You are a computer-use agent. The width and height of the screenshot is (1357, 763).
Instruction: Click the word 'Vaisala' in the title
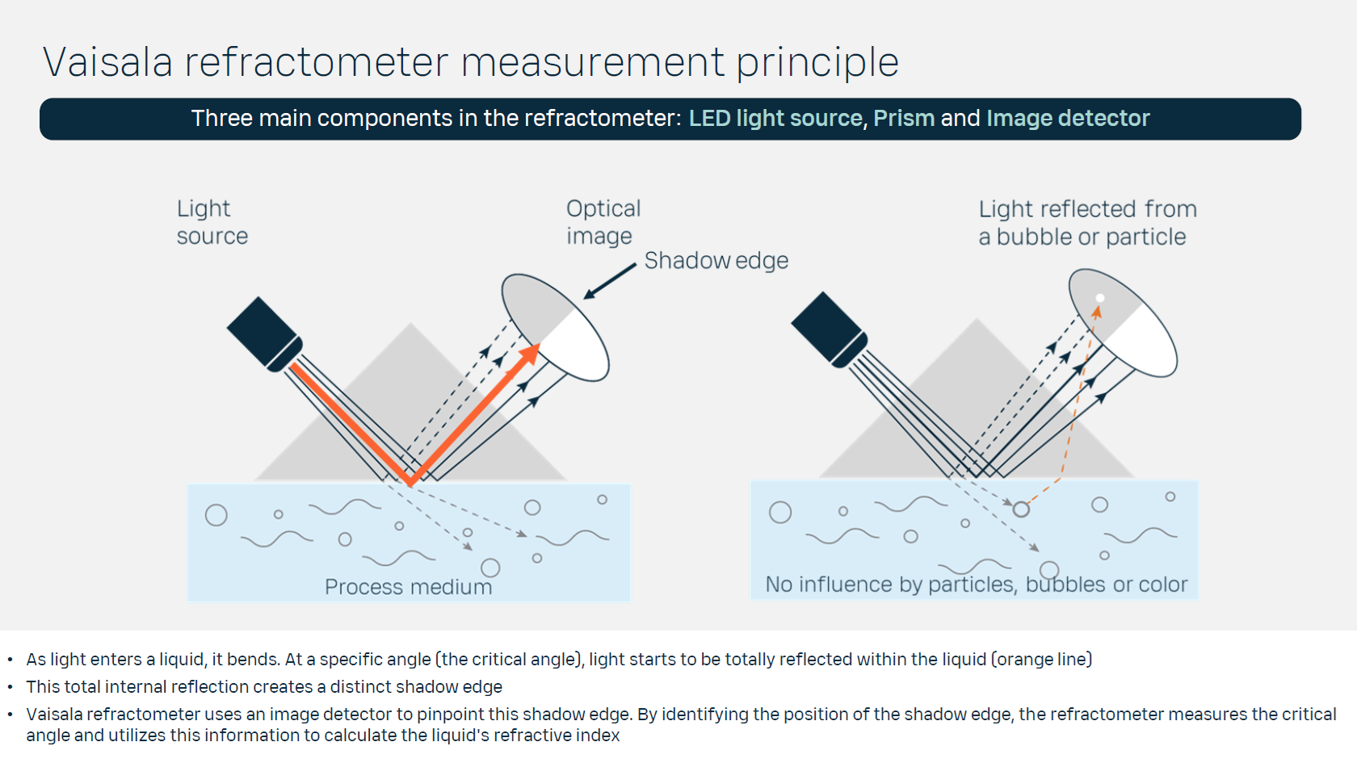pos(108,62)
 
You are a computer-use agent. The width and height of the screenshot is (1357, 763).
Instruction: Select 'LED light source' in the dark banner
pos(775,119)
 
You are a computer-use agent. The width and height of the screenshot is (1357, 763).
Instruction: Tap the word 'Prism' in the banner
pos(904,119)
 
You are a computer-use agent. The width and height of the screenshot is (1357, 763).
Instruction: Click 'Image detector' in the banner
pos(1068,119)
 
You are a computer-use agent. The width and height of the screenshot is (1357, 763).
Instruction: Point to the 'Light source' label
pos(212,222)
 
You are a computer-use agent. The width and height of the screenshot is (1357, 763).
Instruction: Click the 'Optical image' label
pos(603,222)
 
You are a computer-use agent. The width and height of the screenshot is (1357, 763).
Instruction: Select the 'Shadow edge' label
pos(716,261)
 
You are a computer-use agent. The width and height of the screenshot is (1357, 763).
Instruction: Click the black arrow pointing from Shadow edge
pos(610,282)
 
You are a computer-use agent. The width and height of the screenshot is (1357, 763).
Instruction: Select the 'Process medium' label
pos(408,587)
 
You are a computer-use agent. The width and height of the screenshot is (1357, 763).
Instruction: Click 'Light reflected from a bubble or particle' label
pos(1086,223)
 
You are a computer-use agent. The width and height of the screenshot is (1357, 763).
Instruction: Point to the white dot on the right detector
pos(1099,298)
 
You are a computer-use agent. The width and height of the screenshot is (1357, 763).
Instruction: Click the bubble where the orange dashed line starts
pos(1021,509)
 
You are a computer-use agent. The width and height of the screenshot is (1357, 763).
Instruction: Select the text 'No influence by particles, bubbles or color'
pos(976,585)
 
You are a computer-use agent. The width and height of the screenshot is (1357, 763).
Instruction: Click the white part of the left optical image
pos(577,346)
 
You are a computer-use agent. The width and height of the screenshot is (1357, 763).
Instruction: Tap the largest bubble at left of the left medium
pos(216,515)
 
